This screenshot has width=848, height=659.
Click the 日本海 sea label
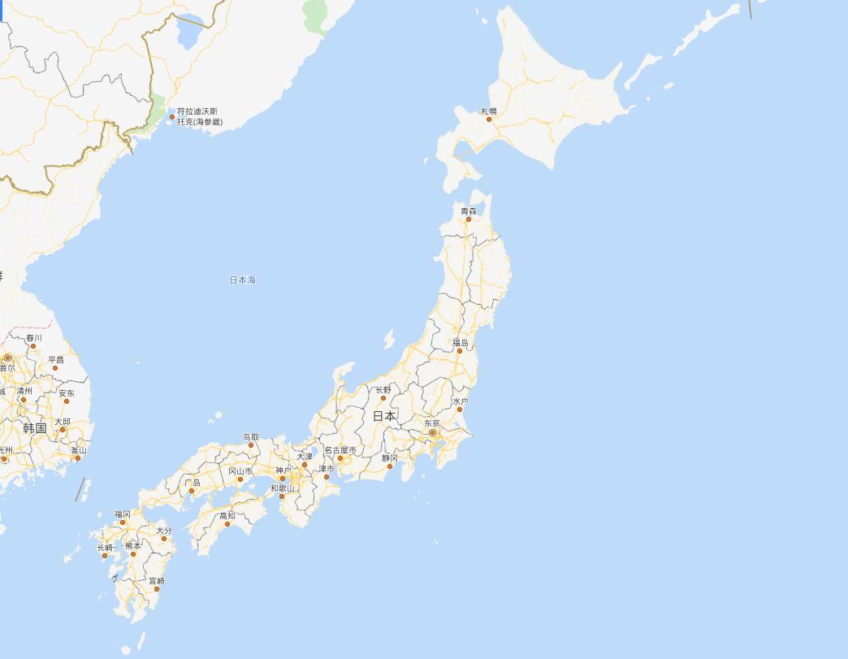(242, 280)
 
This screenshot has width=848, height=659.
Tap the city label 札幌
(488, 111)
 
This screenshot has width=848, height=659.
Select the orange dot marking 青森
(469, 219)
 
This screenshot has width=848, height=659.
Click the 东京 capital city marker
(433, 432)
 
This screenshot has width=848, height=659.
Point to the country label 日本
(384, 416)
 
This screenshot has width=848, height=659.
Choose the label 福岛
(461, 343)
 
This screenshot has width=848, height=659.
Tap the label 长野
(383, 390)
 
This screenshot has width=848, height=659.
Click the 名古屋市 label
(340, 450)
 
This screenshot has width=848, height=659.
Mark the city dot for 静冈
(390, 466)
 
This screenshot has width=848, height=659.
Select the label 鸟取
(251, 437)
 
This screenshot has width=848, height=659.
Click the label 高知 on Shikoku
(227, 516)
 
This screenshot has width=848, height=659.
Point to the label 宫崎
(157, 581)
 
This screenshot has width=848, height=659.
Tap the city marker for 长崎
(105, 556)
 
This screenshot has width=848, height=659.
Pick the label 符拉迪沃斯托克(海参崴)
(198, 116)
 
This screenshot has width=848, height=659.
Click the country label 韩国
(35, 428)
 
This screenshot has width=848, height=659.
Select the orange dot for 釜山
(78, 458)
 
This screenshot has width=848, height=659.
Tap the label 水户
(461, 401)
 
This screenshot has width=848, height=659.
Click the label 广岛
(193, 483)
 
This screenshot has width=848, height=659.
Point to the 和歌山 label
(283, 488)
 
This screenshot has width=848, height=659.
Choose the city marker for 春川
(33, 346)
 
